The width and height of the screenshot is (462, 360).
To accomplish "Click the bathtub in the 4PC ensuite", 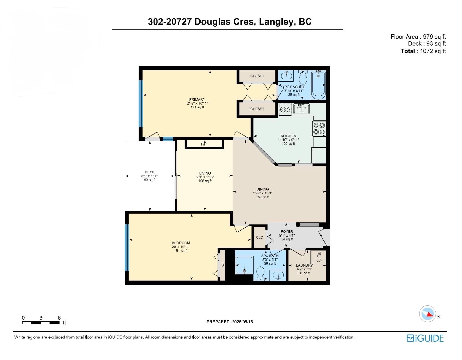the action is coord(318,85).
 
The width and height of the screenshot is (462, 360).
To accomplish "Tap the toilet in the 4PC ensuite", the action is coord(303,77).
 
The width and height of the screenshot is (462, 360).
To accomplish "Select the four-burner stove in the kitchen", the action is coord(319,129).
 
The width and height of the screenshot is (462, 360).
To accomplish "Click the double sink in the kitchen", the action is coord(301,109).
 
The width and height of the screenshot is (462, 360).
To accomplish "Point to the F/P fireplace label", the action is coord(204,144).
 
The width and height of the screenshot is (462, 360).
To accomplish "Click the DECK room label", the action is coord(150,172).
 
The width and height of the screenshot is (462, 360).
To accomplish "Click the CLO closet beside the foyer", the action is coord(259,237).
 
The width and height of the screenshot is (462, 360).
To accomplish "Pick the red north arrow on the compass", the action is coord(430,314).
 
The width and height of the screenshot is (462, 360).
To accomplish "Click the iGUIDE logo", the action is coord(425,338).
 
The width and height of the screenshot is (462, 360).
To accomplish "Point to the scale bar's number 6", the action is coord(59,318).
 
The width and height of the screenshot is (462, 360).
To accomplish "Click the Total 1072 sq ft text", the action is coord(423,51).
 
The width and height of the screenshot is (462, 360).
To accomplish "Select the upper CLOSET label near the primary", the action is coord(257,76).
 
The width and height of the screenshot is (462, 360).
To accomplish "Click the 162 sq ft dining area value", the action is coord(263,197).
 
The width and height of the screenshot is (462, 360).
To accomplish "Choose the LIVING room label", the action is coord(205,173).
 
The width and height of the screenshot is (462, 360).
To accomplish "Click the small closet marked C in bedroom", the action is coord(223,265).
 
